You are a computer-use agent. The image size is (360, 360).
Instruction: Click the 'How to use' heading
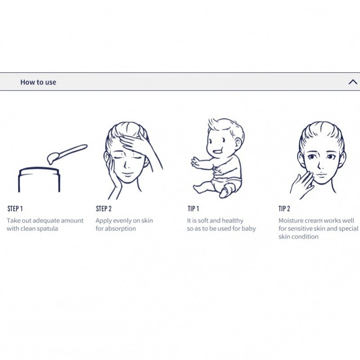[x=38, y=82]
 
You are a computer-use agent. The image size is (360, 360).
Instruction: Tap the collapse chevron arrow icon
[x=353, y=82]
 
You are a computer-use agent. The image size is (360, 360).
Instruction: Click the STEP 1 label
[x=15, y=208]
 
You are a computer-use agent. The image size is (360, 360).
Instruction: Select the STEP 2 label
[x=104, y=208]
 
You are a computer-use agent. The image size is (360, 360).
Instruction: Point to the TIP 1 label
[x=193, y=208]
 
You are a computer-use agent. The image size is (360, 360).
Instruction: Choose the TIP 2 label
[x=284, y=208]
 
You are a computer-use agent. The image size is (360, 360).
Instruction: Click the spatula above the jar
[x=67, y=154]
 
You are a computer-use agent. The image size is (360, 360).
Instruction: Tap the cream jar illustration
[x=39, y=180]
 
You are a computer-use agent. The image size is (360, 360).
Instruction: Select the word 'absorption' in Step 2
[x=121, y=229]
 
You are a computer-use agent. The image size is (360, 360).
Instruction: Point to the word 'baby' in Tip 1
[x=249, y=229]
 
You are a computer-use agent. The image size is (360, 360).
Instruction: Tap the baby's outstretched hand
[x=196, y=162]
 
